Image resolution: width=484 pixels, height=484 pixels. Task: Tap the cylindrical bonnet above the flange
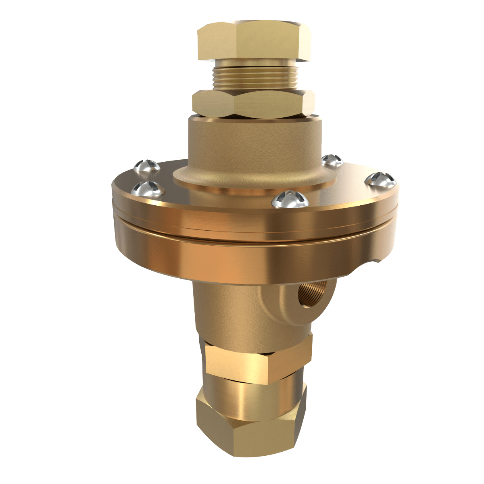click(254, 141)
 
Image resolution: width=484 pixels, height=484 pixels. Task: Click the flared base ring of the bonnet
click(250, 179)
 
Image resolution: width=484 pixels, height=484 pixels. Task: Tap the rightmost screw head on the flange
click(380, 179)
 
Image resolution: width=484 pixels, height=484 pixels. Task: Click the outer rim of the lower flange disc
click(250, 258)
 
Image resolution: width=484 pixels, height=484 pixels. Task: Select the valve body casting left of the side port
click(226, 307)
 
